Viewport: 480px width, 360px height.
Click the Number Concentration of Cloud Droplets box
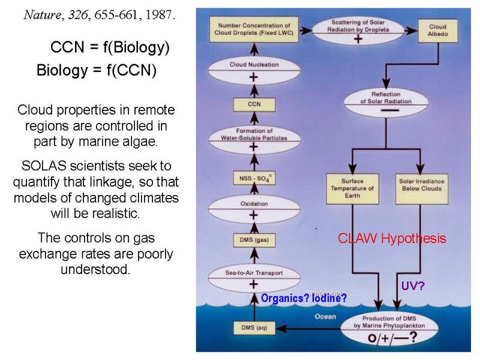(x=253, y=28)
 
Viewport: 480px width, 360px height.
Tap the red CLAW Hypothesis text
(x=392, y=238)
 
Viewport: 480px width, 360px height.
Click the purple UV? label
(x=412, y=286)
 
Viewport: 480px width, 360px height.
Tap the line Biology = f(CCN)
(x=96, y=70)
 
